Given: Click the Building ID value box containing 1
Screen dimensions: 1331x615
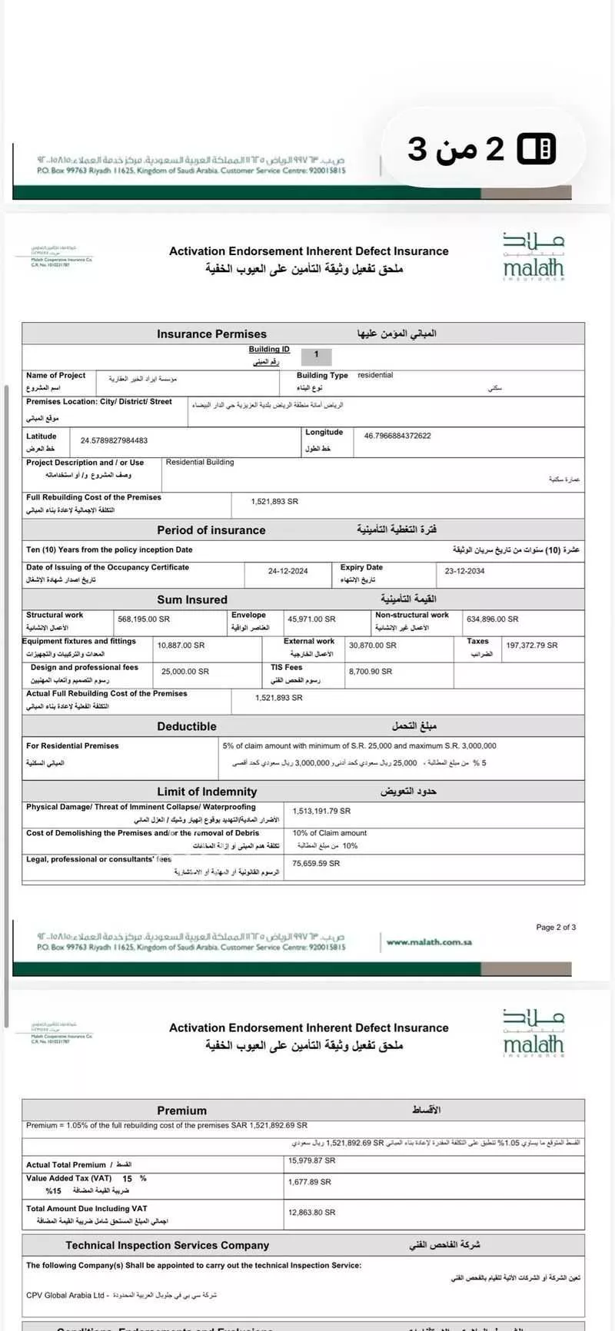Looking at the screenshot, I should click(316, 355).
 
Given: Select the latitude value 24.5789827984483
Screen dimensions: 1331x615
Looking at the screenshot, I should click(114, 440).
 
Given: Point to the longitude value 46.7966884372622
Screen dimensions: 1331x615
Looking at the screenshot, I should click(397, 436).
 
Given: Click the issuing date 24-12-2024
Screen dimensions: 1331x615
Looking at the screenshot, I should click(288, 571).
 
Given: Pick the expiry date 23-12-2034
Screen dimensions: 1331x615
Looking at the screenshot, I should click(464, 571).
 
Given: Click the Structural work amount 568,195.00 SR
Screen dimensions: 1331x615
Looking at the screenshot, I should click(144, 619).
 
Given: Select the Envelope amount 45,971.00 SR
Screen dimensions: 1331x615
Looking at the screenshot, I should click(311, 619).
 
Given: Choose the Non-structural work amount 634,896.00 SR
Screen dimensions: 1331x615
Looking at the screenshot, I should click(492, 619).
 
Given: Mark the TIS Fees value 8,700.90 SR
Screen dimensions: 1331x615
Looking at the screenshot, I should click(371, 672).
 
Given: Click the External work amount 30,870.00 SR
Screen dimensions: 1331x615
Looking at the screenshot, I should click(373, 646).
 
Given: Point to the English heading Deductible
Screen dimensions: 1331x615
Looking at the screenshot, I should click(187, 726).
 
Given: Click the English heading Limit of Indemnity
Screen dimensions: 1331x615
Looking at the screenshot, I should click(207, 792).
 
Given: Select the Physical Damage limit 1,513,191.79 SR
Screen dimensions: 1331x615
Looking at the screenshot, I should click(321, 811).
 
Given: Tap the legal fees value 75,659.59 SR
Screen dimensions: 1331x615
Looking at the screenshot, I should click(316, 863).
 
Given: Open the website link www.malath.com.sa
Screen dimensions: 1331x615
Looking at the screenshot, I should click(429, 942).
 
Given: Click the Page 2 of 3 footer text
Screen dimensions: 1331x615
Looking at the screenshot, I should click(556, 928).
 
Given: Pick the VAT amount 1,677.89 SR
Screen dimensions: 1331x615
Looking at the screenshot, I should click(310, 1182).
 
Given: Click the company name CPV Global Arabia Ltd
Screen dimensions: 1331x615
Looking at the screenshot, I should click(65, 1295).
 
